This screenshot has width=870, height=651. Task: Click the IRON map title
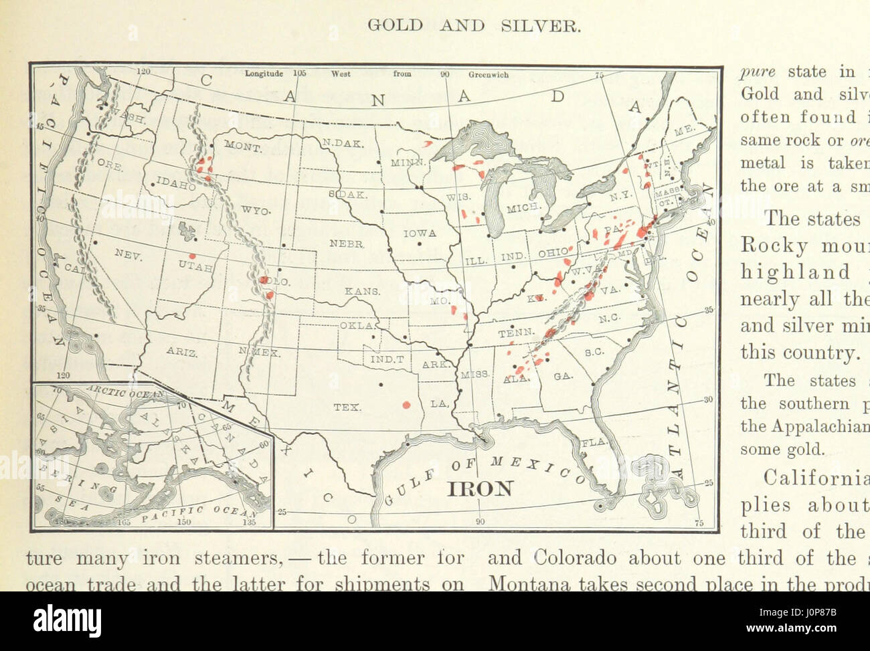click(480, 488)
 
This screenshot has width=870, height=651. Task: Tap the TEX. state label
click(347, 406)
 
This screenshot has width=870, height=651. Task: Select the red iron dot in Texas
click(406, 403)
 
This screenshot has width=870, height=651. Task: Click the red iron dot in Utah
click(193, 256)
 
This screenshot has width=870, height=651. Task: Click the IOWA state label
click(420, 234)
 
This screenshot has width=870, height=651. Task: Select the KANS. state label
click(363, 292)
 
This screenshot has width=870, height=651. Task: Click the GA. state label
click(563, 377)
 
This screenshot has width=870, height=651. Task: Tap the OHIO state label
click(553, 254)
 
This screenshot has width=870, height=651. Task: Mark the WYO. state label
click(255, 210)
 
